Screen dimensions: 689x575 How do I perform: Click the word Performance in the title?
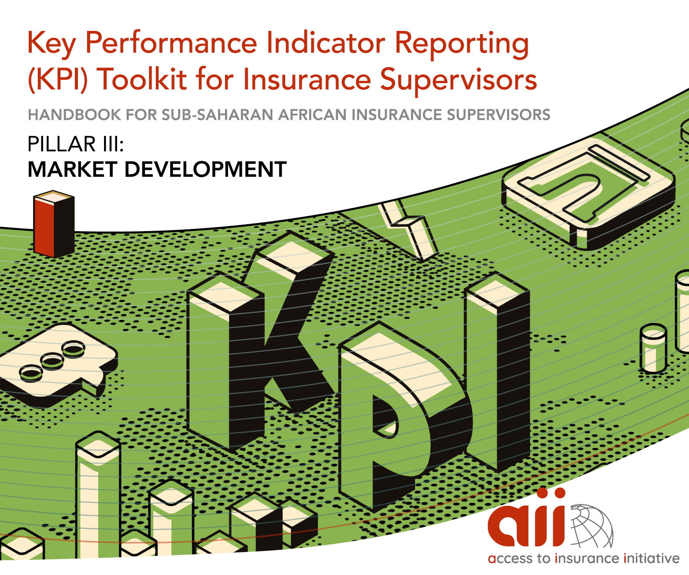[x=171, y=43]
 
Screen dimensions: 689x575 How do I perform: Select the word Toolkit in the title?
[x=142, y=79]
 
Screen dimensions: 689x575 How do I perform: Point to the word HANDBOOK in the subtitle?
[x=74, y=114]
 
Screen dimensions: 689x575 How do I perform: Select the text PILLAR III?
[x=76, y=144]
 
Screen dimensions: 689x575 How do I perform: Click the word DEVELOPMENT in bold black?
[x=205, y=169]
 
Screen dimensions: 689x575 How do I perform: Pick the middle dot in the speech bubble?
[x=52, y=360]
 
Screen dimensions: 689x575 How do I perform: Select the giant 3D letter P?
[x=404, y=416]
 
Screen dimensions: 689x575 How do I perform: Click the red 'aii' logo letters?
[x=527, y=519]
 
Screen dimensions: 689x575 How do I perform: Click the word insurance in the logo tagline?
[x=587, y=558]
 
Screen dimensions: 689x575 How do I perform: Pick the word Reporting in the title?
[x=462, y=44]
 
